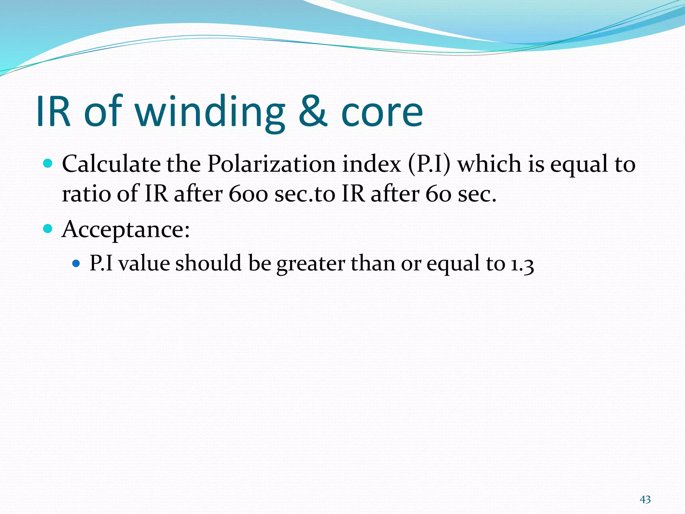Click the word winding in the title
coord(211,111)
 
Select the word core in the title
coord(382,114)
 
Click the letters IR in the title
coord(54,111)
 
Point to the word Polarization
coord(271,164)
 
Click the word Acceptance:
coord(126,230)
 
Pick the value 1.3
coord(522,264)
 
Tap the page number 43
coord(645,500)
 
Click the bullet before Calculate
coord(48,164)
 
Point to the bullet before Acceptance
coord(48,229)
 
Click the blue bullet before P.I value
coord(76,263)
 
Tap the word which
coord(489,164)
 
